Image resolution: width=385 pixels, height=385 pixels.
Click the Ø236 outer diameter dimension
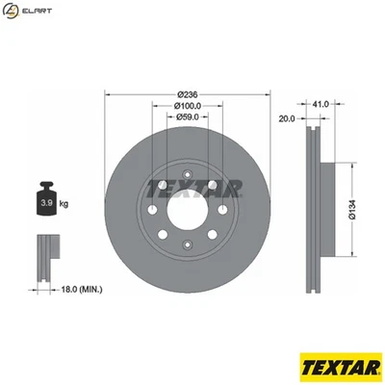coord(188,94)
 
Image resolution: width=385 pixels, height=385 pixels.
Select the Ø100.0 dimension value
coord(188,105)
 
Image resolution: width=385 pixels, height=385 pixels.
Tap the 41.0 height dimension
coord(321,102)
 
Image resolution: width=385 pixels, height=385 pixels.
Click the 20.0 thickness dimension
coord(286,118)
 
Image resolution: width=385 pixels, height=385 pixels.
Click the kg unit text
coord(64,205)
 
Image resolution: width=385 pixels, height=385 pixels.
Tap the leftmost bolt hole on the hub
coord(151,211)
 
